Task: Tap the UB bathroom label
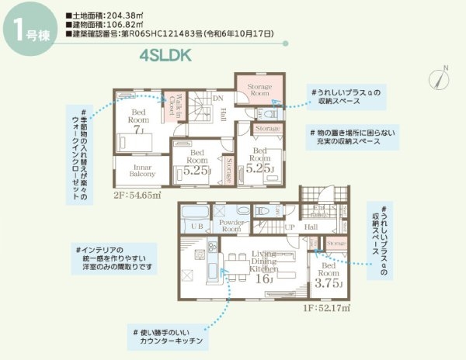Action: tap(196, 226)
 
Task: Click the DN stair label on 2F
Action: tap(218, 98)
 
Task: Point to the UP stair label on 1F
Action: tap(290, 226)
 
